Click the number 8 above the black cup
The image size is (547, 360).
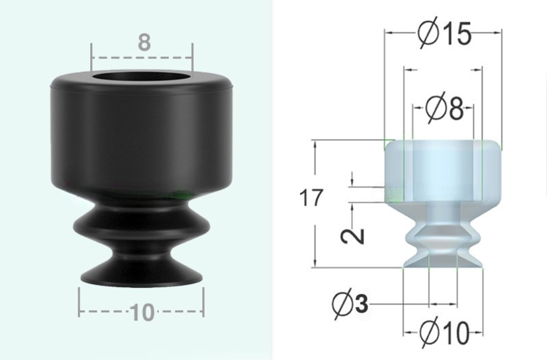(x=143, y=42)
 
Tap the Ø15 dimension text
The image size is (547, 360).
(x=444, y=34)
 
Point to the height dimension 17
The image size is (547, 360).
(x=312, y=198)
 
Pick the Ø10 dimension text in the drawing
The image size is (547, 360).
(x=444, y=332)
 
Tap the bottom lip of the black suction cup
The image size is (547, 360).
(x=141, y=277)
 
